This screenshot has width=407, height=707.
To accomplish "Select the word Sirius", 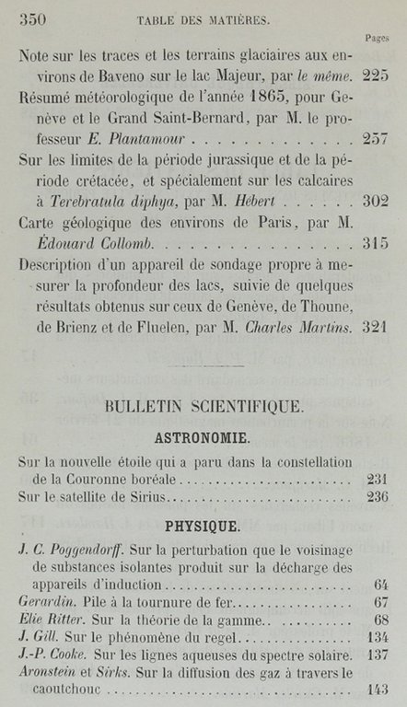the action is tap(140, 499).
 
